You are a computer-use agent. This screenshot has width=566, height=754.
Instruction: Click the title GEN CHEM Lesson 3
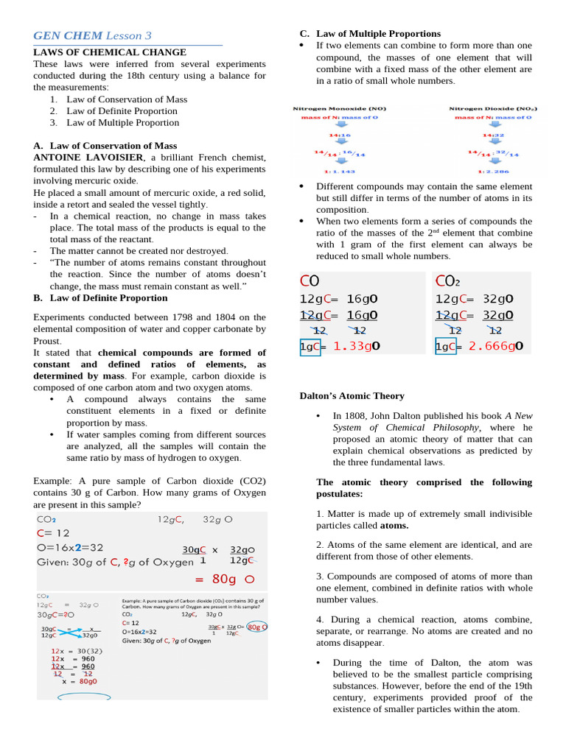[92, 35]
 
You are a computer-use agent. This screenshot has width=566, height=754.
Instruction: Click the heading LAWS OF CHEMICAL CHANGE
[110, 52]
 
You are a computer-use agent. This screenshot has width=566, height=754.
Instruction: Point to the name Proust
[48, 342]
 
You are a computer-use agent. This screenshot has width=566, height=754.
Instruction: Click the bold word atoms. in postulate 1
[394, 526]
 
